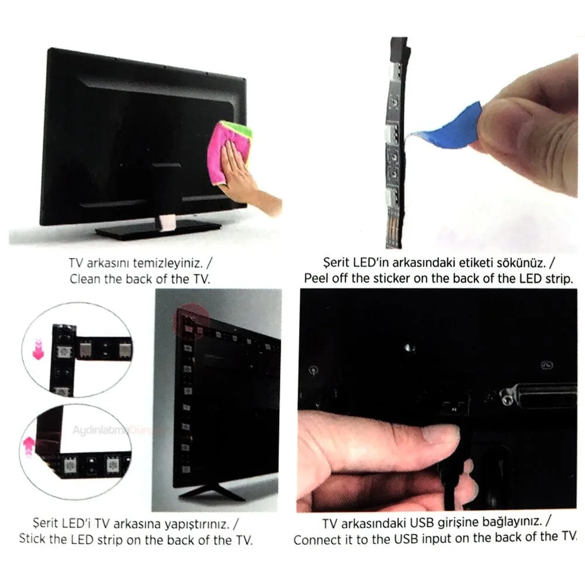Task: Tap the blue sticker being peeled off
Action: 448,127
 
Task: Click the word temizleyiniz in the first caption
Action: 168,263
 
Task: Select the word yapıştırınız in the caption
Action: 197,524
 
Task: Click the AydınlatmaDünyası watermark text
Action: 119,430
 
